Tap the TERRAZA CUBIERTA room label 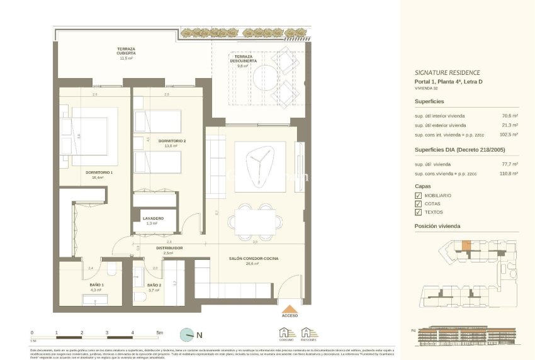(x=127, y=52)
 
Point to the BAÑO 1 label (x=96, y=285)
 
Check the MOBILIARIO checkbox (x=419, y=196)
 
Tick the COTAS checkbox (x=419, y=204)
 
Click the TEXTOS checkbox (x=419, y=212)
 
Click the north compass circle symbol (x=186, y=334)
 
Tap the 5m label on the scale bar (x=159, y=332)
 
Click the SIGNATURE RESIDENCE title (x=448, y=72)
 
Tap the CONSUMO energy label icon (x=286, y=334)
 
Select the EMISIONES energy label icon (x=308, y=334)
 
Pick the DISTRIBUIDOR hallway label (x=169, y=248)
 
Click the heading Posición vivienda (x=437, y=226)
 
